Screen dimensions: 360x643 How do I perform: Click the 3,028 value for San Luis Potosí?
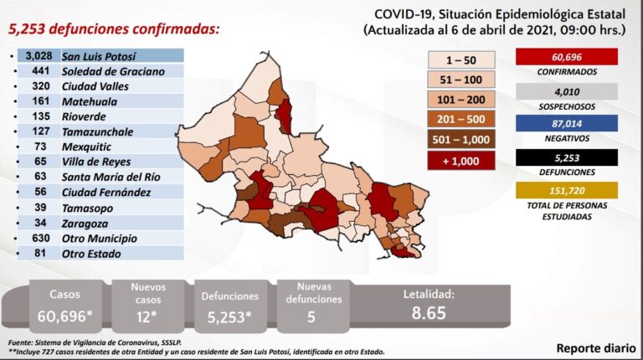[39, 56]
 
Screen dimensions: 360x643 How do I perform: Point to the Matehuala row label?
[91, 101]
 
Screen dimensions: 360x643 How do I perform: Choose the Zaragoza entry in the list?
[85, 224]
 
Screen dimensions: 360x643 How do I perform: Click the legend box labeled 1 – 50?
[461, 60]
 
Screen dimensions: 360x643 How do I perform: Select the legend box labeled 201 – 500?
[461, 119]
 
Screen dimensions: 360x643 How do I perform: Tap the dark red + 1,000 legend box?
[461, 159]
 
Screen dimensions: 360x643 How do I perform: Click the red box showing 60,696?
[568, 57]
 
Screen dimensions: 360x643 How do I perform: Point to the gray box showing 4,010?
[568, 91]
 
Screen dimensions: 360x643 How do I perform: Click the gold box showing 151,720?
[568, 192]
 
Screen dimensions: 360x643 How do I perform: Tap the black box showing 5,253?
[568, 157]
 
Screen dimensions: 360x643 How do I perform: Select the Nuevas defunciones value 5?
[311, 316]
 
